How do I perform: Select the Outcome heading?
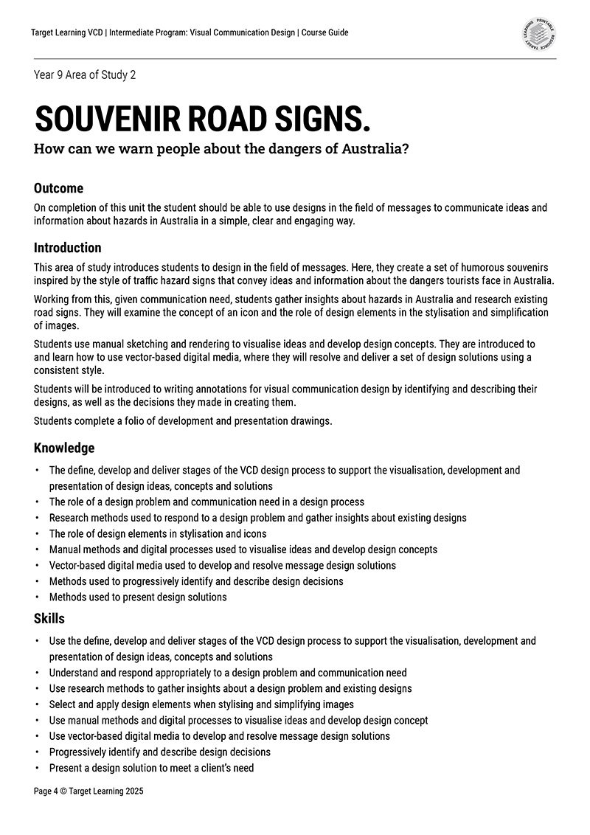pos(58,188)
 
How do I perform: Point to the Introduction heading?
pos(67,248)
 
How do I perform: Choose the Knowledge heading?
pos(64,448)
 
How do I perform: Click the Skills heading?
pos(49,618)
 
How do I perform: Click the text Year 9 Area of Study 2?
pos(85,75)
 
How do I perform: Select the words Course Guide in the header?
pos(325,32)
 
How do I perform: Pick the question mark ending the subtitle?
pos(406,148)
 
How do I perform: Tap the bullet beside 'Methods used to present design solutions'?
pos(37,597)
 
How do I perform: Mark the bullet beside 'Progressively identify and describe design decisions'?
pos(37,752)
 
